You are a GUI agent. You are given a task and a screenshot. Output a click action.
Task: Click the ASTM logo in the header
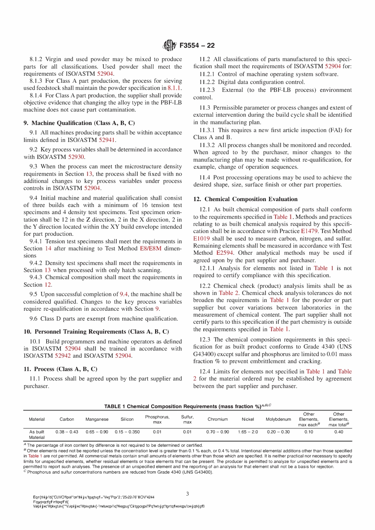pyautogui.click(x=169, y=45)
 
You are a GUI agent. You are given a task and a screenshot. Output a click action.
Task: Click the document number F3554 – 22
pyautogui.click(x=197, y=45)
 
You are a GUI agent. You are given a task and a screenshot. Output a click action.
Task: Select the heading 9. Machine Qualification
pyautogui.click(x=79, y=123)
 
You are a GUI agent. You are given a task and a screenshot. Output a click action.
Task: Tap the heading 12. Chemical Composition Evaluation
pyautogui.click(x=246, y=200)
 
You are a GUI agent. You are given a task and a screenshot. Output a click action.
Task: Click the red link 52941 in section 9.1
pyautogui.click(x=107, y=140)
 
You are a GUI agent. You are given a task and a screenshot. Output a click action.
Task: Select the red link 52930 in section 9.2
pyautogui.click(x=76, y=157)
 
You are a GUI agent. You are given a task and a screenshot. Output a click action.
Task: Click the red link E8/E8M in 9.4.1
pyautogui.click(x=151, y=248)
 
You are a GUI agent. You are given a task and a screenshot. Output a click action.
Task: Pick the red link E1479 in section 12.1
pyautogui.click(x=309, y=231)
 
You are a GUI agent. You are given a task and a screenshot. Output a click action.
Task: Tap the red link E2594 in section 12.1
pyautogui.click(x=225, y=253)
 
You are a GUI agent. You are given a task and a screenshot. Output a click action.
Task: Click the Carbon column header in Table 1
pyautogui.click(x=67, y=419)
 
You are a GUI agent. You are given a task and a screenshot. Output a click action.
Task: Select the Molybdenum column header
pyautogui.click(x=278, y=419)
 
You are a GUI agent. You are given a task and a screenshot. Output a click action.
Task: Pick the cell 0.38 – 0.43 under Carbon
pyautogui.click(x=67, y=432)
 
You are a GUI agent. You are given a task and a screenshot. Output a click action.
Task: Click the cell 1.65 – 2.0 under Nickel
pyautogui.click(x=248, y=432)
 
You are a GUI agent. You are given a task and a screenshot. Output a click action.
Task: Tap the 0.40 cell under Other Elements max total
pyautogui.click(x=339, y=432)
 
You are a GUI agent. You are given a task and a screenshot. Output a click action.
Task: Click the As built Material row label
pyautogui.click(x=37, y=435)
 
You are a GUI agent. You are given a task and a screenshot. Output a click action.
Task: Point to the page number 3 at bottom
pyautogui.click(x=187, y=494)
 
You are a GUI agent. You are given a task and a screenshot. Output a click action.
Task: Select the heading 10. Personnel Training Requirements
pyautogui.click(x=96, y=332)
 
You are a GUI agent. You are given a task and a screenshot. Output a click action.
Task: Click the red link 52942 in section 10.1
pyautogui.click(x=63, y=356)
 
